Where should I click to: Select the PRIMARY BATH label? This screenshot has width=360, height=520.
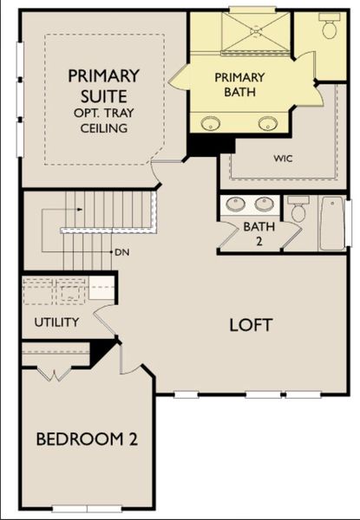pos(239,83)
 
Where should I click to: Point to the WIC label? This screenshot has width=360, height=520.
pos(283,159)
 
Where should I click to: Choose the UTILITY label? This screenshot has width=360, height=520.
pos(57,322)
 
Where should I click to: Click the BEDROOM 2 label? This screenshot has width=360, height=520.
pos(87,439)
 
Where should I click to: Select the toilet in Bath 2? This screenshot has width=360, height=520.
pos(298,211)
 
